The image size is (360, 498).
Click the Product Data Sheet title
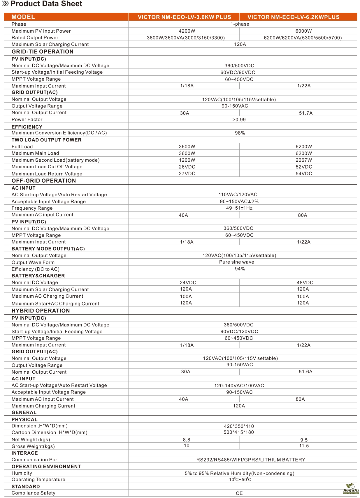click(x=46, y=4)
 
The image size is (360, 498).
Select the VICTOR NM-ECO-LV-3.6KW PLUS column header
click(x=184, y=17)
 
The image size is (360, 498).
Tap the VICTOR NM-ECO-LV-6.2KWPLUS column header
click(x=294, y=17)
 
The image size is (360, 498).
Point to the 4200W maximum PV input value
click(x=187, y=31)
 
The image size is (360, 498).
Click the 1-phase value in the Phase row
click(x=240, y=24)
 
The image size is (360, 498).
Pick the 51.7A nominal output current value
click(x=305, y=113)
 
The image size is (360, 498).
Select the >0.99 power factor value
click(x=239, y=120)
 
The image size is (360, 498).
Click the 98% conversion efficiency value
click(x=240, y=133)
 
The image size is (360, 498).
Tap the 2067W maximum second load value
click(x=304, y=160)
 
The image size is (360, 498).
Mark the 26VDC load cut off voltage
click(x=187, y=167)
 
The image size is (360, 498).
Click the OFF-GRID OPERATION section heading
click(x=44, y=181)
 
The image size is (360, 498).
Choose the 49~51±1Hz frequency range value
click(x=239, y=208)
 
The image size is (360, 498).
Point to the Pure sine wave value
click(x=236, y=262)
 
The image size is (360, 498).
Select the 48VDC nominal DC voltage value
click(x=305, y=283)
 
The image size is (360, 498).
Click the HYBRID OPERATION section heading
click(x=41, y=311)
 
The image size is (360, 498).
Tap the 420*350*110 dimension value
click(x=239, y=426)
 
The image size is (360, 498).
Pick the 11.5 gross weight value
click(x=304, y=446)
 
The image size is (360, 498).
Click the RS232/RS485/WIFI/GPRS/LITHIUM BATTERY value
click(x=251, y=460)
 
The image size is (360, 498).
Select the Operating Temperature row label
click(x=38, y=480)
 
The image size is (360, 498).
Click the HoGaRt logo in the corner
click(x=351, y=488)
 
